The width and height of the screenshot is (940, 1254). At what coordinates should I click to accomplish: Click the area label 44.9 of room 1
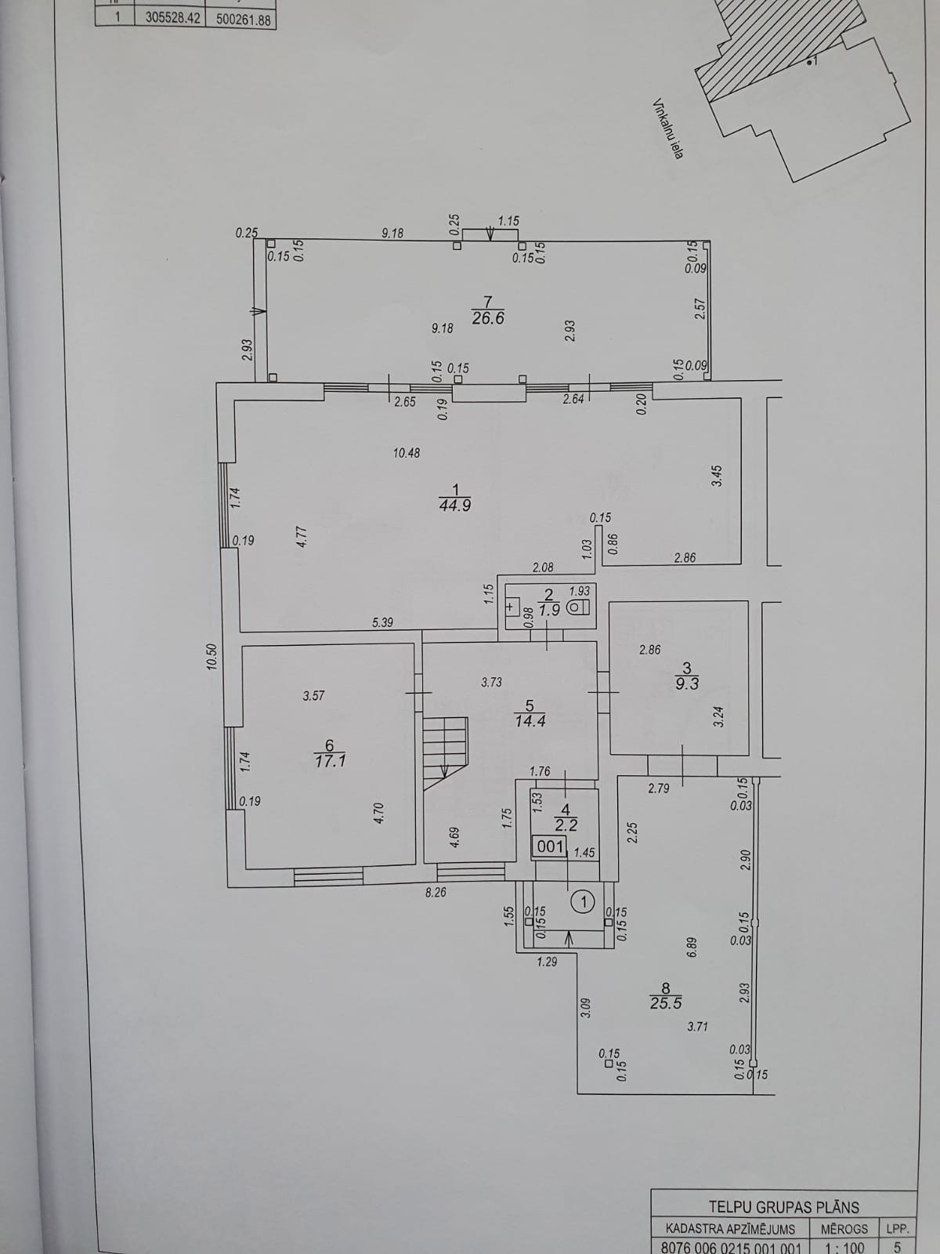coord(455,505)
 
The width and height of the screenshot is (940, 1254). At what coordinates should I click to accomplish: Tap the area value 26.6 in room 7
coord(488,318)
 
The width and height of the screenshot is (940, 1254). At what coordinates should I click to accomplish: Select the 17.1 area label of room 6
coord(330,761)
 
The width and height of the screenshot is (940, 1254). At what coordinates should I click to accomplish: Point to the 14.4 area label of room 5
coord(530,721)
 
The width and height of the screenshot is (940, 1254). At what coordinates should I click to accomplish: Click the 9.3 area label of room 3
coord(687,683)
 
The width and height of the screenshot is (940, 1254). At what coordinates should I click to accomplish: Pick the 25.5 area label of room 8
coord(666,1003)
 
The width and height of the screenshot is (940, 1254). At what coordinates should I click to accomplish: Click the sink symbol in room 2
coord(512,607)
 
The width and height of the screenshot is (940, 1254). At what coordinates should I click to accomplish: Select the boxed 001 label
coord(550,846)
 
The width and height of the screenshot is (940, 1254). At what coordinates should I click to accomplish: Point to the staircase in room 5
coord(445,753)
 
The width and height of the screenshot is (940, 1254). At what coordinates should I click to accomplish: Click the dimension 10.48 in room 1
coord(407,453)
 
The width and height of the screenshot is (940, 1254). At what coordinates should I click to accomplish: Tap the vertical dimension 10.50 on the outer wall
coord(212,657)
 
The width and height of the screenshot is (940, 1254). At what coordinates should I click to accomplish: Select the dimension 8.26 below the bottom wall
coord(436,892)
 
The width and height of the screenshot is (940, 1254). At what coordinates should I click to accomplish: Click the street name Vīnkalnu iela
coord(668,129)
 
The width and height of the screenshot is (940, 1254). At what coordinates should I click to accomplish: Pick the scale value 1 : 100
coord(844,1246)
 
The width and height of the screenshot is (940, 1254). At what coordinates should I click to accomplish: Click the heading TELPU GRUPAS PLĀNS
coord(783,1206)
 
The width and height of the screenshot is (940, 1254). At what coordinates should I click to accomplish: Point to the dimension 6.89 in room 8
coord(692,948)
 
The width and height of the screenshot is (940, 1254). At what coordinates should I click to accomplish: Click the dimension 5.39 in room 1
coord(382,622)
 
